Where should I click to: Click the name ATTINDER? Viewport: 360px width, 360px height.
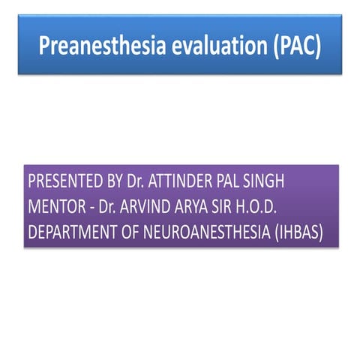pyautogui.click(x=178, y=183)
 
